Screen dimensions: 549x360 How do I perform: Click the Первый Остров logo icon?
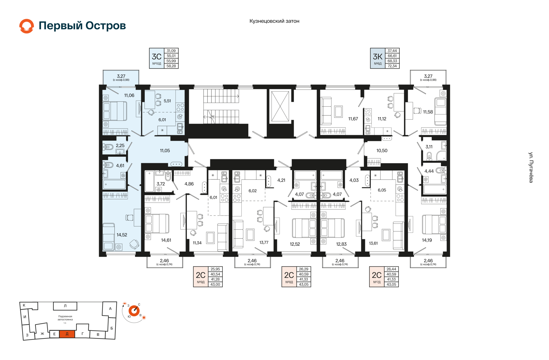tap(27, 26)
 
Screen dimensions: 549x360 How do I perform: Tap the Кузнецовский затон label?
tap(274, 21)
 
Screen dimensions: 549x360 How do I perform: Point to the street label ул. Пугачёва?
tap(531, 167)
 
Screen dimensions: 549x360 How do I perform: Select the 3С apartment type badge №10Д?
tap(156, 58)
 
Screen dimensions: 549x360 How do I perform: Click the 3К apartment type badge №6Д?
tap(377, 58)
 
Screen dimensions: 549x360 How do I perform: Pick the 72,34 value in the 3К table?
tap(392, 66)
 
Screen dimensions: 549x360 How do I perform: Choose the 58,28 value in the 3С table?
tap(171, 66)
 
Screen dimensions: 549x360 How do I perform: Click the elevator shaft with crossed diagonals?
tap(280, 107)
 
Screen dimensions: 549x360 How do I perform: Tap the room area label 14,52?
tap(122, 235)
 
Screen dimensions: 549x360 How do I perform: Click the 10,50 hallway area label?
tap(382, 151)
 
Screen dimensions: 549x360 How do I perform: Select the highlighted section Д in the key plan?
tap(67, 334)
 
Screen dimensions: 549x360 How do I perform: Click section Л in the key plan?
tap(65, 306)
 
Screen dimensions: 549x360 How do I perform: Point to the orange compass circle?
tap(134, 311)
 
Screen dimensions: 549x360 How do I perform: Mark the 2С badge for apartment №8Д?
tap(289, 277)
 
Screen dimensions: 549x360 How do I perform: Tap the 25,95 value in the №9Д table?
tap(215, 269)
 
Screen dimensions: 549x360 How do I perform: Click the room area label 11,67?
tap(353, 119)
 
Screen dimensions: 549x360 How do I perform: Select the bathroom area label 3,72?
tap(161, 184)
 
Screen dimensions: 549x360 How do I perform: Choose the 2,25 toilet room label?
tap(120, 146)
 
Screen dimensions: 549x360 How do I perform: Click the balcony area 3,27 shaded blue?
tap(121, 77)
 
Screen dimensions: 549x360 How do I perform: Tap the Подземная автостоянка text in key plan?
tap(65, 318)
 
